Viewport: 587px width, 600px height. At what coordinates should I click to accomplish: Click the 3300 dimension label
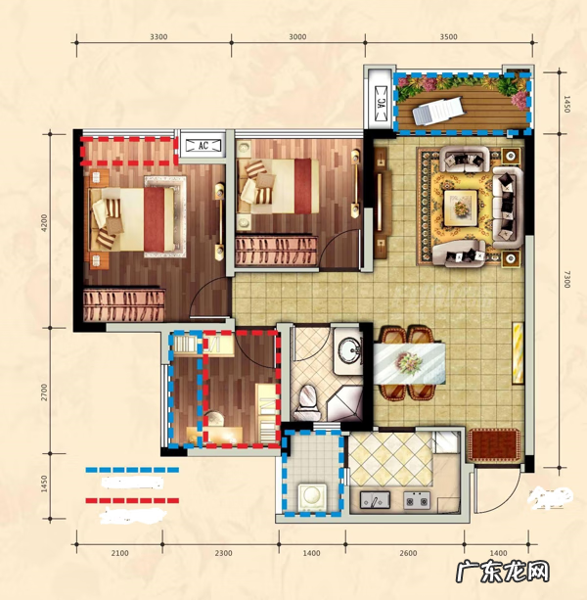coord(158,37)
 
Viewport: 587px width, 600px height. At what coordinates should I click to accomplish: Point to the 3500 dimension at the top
coord(449,37)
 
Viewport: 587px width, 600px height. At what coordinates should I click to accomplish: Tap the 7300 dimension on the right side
coord(566,279)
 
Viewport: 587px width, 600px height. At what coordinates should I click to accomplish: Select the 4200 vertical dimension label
coord(44,223)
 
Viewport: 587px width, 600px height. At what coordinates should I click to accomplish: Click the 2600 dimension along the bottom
coord(408,553)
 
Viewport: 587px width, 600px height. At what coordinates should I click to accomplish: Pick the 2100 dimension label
coord(119,553)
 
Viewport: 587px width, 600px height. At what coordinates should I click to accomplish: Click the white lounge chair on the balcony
coord(438,110)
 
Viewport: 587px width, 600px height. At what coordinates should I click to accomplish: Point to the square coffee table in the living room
coord(461,208)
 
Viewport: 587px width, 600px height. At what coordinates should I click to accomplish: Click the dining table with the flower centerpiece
coord(409,363)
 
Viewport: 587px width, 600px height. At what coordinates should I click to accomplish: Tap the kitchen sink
coord(375,500)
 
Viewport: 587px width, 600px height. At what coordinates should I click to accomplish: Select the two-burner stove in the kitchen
coord(417,500)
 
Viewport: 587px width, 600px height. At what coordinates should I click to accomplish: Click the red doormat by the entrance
coord(494,445)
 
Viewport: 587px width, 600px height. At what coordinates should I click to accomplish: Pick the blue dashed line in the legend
coord(132,470)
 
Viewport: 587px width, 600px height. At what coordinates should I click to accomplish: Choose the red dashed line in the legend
coord(132,500)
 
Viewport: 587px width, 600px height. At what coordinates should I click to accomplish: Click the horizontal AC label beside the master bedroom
coord(203,146)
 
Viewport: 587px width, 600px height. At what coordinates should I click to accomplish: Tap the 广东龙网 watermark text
coord(503,573)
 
